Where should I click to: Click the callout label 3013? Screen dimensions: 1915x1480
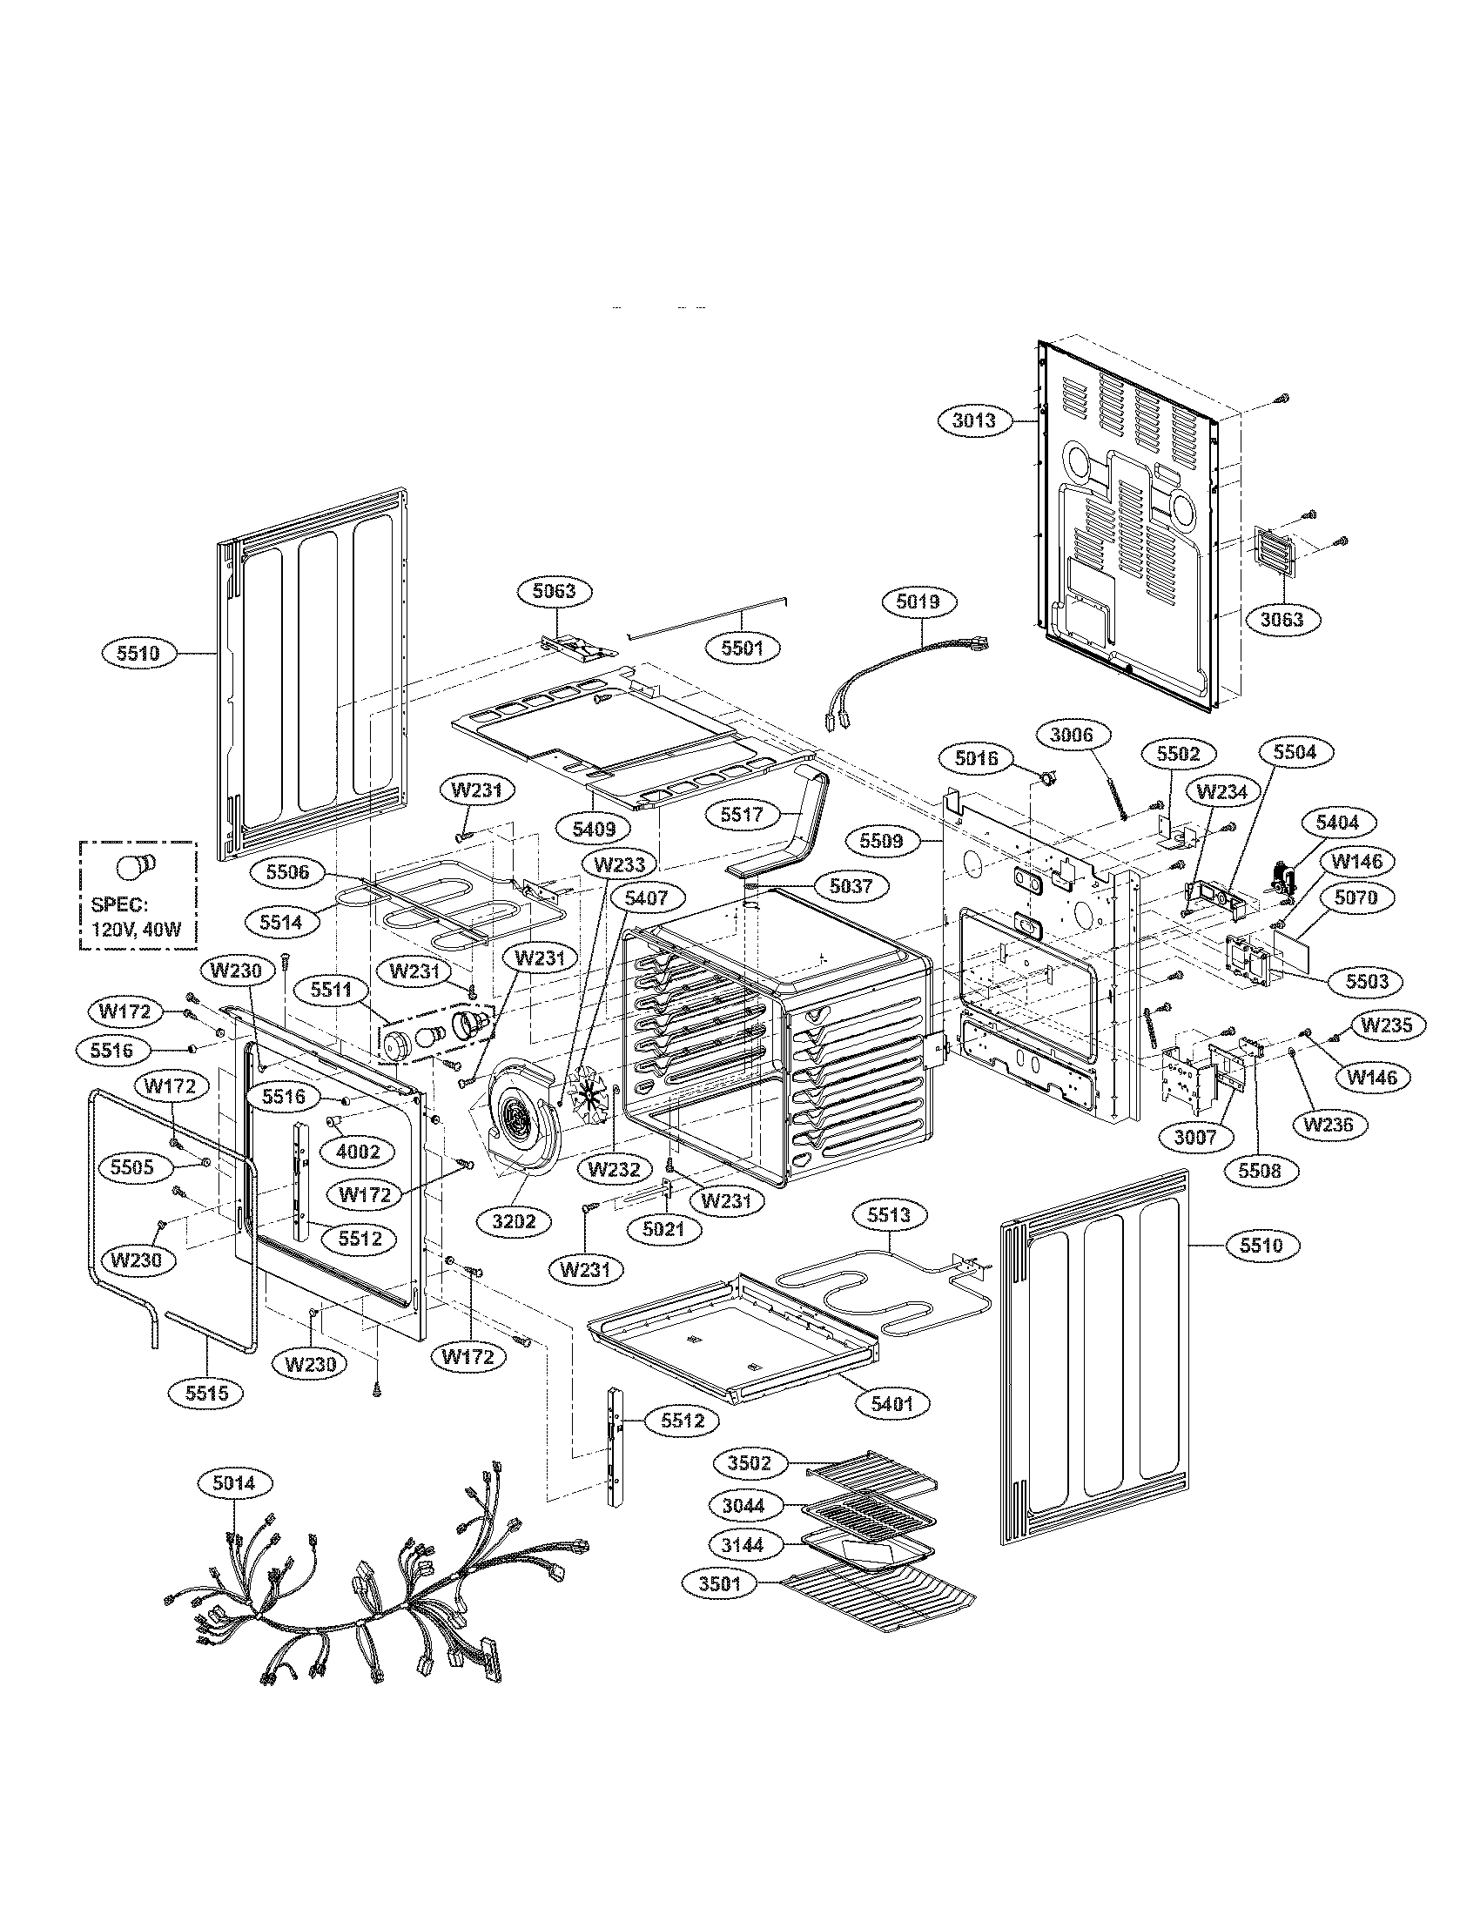tap(974, 421)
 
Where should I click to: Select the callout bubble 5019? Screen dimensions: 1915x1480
tap(918, 601)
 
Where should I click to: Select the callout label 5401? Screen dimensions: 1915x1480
tap(891, 1404)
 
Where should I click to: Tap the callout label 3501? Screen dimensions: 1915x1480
tap(722, 1585)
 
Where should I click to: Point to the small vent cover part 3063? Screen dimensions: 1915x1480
tap(1274, 553)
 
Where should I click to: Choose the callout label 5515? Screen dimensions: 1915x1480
tap(207, 1392)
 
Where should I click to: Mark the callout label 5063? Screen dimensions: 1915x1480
tap(555, 591)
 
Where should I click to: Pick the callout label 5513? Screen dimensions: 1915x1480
tap(889, 1216)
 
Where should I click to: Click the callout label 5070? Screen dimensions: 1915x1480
tap(1356, 898)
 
